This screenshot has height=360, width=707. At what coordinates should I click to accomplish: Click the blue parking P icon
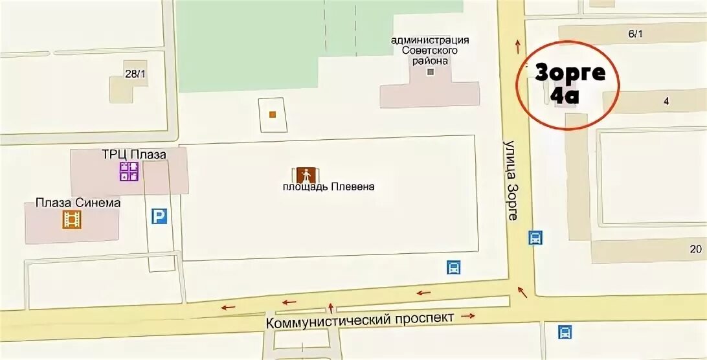click(x=159, y=216)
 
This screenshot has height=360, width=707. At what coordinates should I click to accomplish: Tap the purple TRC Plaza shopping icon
click(x=129, y=172)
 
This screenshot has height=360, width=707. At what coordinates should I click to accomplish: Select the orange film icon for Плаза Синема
click(x=72, y=220)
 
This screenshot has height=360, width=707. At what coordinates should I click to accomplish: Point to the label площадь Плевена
click(x=328, y=187)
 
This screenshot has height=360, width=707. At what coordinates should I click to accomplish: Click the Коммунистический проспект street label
click(x=360, y=319)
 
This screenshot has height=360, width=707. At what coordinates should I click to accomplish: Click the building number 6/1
click(x=635, y=34)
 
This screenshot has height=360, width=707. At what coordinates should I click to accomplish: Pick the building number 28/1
click(x=135, y=74)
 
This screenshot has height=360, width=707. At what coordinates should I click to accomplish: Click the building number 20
click(x=695, y=249)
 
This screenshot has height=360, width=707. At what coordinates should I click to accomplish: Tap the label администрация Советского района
click(x=430, y=51)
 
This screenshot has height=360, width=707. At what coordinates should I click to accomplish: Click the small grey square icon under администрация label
click(x=431, y=71)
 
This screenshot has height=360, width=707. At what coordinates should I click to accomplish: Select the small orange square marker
click(x=273, y=115)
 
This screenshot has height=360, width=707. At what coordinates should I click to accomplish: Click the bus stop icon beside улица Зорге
click(x=535, y=238)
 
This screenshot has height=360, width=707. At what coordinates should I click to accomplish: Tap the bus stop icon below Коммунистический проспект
click(x=565, y=332)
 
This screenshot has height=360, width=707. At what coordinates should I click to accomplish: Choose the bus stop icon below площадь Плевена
click(x=454, y=267)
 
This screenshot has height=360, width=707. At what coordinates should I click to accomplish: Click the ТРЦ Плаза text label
click(x=133, y=155)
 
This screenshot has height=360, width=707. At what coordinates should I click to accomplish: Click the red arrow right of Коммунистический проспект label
click(x=468, y=316)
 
